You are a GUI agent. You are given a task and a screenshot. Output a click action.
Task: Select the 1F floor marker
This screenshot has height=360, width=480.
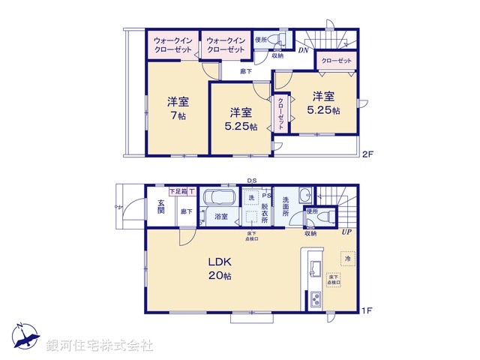point(367,309)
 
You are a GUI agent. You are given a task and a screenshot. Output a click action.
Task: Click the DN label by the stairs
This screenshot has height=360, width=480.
point(302,50)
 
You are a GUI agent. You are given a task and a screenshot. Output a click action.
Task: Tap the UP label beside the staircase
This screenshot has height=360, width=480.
point(346,233)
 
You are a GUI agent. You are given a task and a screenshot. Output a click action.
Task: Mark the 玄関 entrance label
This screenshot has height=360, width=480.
point(160,206)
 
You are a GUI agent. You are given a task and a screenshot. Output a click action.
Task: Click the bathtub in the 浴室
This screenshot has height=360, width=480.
point(220,201)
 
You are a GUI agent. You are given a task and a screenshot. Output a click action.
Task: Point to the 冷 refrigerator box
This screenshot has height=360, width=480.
point(346,259)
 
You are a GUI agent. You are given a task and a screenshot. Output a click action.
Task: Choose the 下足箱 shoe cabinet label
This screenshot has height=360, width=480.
point(177,193)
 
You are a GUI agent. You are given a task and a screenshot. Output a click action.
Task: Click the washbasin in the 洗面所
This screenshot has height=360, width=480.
point(304,197)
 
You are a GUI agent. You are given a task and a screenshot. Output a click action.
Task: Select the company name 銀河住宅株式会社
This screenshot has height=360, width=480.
point(100,346)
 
